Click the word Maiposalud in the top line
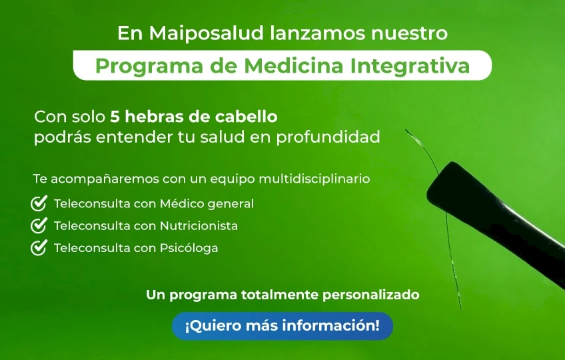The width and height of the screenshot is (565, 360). (206, 33)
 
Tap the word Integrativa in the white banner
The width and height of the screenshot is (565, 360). (410, 67)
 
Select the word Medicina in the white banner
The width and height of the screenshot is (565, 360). (293, 65)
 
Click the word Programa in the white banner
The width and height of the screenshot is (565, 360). (149, 67)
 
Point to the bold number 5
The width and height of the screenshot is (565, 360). (115, 117)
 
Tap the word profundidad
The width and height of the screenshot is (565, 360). (328, 137)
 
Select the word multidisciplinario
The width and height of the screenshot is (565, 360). (314, 179)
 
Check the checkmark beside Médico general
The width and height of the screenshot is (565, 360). (39, 203)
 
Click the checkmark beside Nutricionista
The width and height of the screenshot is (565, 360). (39, 225)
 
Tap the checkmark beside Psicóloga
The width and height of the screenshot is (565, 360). (39, 248)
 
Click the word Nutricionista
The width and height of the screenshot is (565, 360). (199, 226)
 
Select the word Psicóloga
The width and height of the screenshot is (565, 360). (189, 249)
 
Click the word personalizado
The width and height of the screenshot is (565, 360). (370, 295)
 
